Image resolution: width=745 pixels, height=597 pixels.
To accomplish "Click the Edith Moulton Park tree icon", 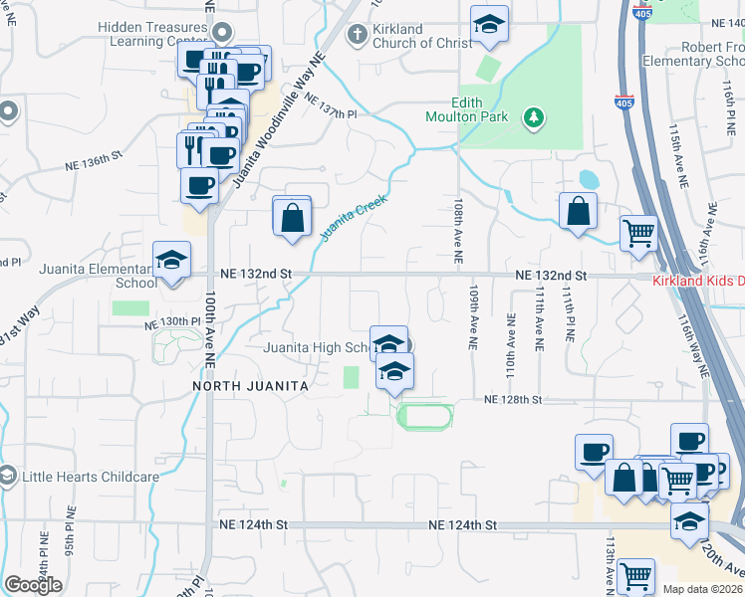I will (x=535, y=117).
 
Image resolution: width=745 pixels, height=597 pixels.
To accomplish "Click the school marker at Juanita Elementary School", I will (x=172, y=261).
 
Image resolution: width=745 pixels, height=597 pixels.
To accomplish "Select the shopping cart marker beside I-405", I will (x=638, y=235).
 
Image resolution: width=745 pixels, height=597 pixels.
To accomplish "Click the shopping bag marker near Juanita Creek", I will (x=292, y=217).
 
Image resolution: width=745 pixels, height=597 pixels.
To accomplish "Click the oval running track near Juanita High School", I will (x=425, y=415).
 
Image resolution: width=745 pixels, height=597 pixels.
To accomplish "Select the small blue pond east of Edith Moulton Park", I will (x=589, y=180).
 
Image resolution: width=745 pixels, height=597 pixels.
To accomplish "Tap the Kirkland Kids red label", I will (x=697, y=282).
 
